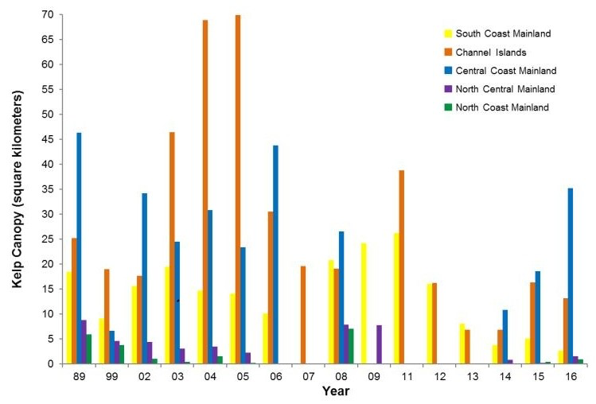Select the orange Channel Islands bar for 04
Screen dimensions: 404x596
[x=205, y=192]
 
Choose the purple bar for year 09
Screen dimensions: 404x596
[x=380, y=344]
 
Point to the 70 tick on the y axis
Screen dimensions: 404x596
[x=49, y=14]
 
